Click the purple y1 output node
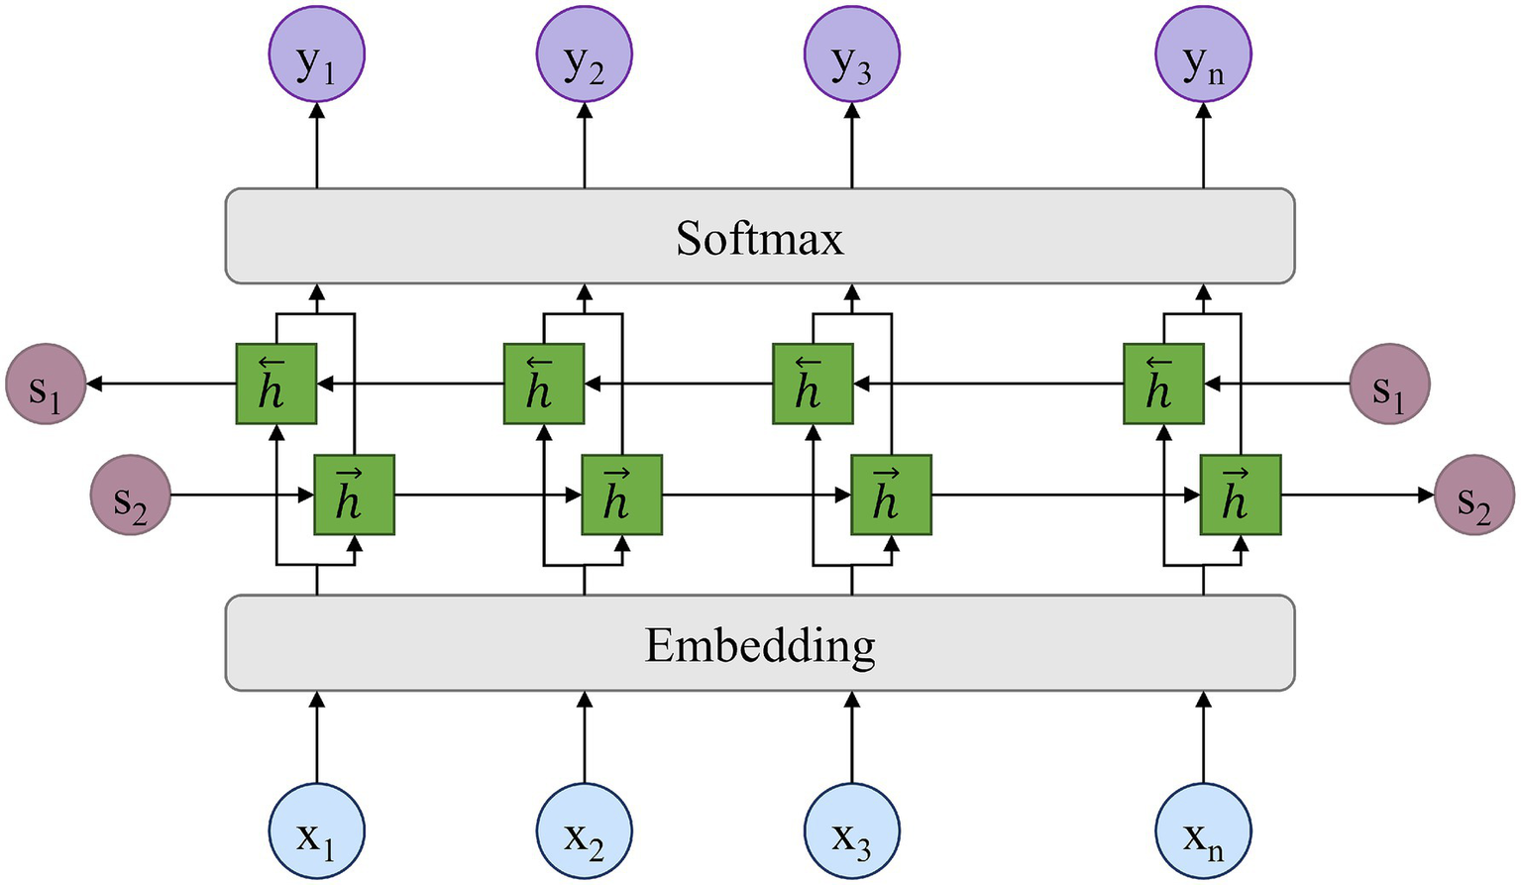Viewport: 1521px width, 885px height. (317, 55)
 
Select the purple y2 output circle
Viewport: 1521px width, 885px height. (585, 55)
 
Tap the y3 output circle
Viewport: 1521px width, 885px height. (852, 55)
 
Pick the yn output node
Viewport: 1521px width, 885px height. (1203, 55)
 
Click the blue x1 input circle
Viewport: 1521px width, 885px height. (317, 830)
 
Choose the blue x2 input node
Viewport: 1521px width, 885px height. (585, 830)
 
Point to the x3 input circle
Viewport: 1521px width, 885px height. (852, 830)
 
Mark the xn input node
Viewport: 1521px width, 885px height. (1203, 830)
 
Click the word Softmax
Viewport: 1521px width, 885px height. (759, 238)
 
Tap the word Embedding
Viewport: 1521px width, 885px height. (759, 645)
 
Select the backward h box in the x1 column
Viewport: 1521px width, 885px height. (276, 384)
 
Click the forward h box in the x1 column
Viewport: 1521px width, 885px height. (354, 495)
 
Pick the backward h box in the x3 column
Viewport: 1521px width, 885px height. (813, 384)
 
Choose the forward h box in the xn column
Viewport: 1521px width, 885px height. (1241, 495)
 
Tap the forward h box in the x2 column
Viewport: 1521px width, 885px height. (621, 495)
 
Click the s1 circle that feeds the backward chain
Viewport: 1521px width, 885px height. (1389, 385)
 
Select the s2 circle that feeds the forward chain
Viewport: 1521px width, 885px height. (131, 495)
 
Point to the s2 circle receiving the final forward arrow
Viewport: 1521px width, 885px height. (1474, 495)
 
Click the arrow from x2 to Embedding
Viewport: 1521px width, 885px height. (585, 738)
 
